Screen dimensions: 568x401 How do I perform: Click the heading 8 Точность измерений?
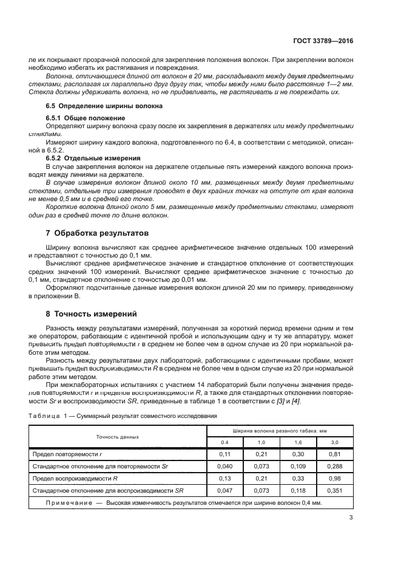[91, 313]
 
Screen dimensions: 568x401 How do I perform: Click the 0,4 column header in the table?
[224, 442]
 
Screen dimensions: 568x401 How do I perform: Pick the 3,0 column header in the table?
[334, 442]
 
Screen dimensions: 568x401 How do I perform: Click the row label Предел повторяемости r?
[66, 454]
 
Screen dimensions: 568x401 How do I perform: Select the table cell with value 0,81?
[334, 454]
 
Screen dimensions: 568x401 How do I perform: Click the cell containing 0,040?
[224, 466]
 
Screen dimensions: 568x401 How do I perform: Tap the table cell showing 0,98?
[334, 477]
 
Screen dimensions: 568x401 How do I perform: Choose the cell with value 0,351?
[334, 490]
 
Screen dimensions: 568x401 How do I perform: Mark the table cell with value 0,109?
[298, 466]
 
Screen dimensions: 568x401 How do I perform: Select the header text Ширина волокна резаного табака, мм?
[280, 431]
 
